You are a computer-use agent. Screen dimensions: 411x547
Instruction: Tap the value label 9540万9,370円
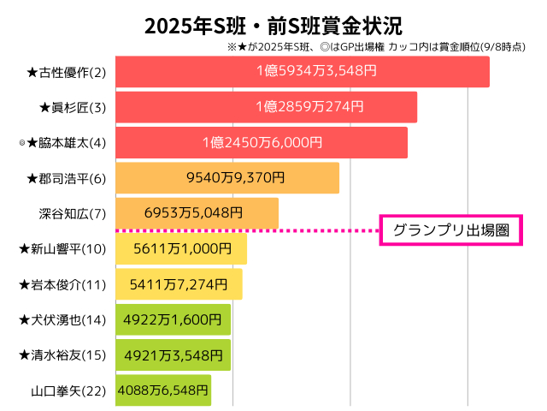coord(229,178)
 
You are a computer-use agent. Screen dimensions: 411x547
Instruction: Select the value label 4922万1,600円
coord(174,319)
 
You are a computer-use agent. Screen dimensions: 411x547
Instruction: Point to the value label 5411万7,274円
coord(179,283)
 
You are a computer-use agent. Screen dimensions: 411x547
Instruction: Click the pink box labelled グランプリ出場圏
coord(450,230)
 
